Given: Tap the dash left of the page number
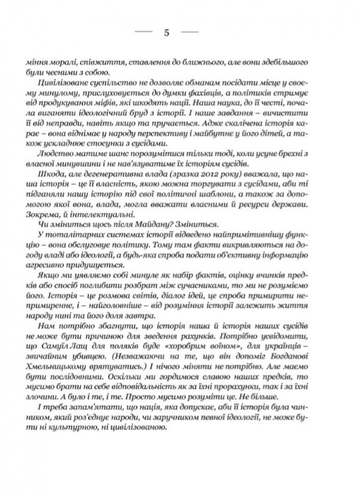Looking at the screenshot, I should click(145, 33).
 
